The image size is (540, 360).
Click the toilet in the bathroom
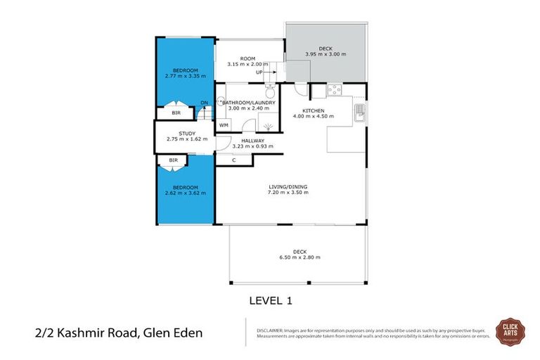tap(269, 91)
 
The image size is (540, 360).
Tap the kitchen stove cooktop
tap(335, 90)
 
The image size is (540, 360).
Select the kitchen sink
tap(361, 110)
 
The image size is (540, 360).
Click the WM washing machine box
tap(224, 125)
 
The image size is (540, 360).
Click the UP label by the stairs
tap(259, 72)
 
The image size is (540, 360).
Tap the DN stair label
tap(204, 103)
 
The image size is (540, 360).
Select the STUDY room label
tap(186, 133)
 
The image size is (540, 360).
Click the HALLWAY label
tap(252, 141)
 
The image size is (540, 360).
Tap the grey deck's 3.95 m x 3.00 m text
tap(325, 55)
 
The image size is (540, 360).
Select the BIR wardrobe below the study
tap(173, 160)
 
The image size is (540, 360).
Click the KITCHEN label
tap(312, 110)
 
